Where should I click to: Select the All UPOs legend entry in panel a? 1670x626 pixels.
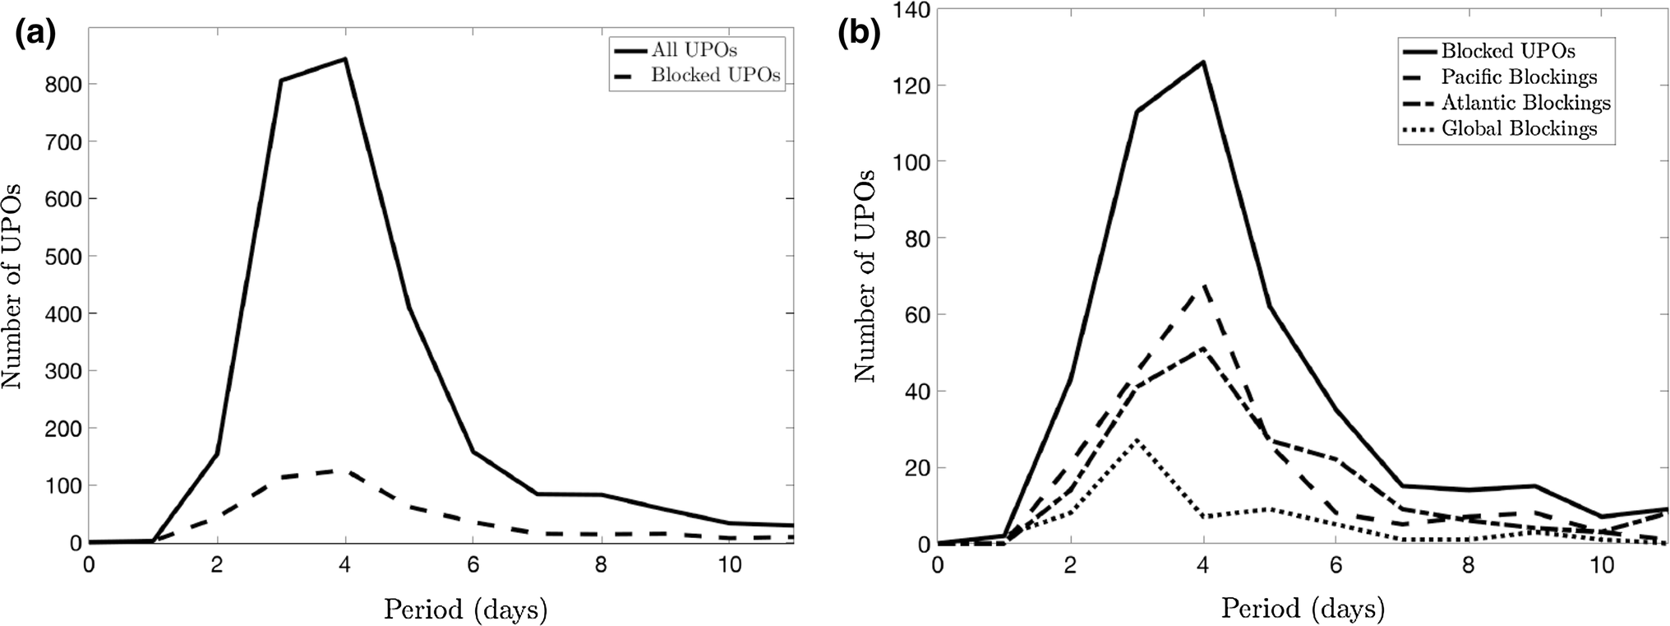click(x=694, y=50)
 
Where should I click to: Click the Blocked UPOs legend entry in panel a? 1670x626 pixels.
click(x=715, y=76)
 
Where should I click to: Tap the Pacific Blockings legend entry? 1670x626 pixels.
click(x=1519, y=77)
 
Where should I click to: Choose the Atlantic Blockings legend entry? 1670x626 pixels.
click(x=1525, y=103)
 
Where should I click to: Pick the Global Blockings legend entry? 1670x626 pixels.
click(x=1519, y=129)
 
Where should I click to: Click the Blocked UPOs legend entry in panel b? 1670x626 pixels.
click(x=1508, y=51)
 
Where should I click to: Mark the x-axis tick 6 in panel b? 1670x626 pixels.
click(x=1336, y=566)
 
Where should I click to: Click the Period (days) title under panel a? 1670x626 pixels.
click(x=465, y=610)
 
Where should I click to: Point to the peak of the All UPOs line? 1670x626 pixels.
click(x=345, y=58)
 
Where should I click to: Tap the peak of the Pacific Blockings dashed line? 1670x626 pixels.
click(x=1204, y=285)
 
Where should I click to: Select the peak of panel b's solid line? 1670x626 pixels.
click(x=1204, y=62)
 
